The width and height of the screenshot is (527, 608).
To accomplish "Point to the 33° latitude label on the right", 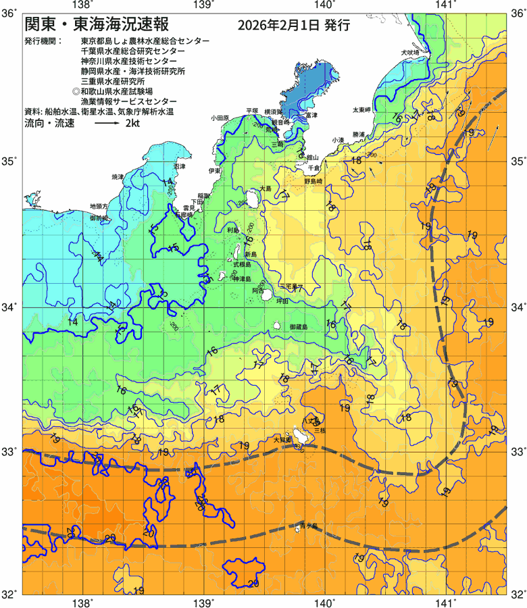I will click(x=518, y=451).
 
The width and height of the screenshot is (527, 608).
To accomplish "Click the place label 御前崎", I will click(x=99, y=218).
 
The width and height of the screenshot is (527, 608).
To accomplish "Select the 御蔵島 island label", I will click(x=298, y=327).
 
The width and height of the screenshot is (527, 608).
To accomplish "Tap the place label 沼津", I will click(x=179, y=166).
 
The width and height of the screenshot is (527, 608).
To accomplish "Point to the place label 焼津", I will click(x=118, y=177).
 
